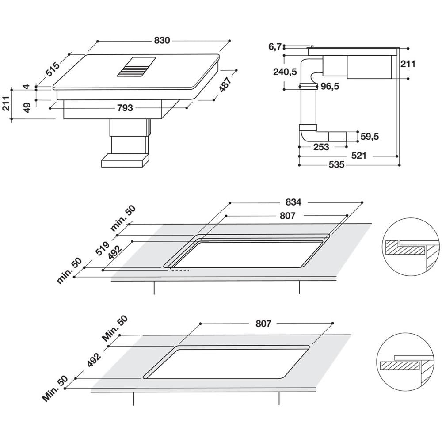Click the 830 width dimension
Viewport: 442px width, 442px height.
click(x=162, y=40)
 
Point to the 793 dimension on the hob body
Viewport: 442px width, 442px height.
click(x=125, y=108)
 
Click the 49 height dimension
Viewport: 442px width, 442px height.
click(x=27, y=107)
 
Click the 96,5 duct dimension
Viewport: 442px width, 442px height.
click(x=329, y=87)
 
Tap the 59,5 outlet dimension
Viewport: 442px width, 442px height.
click(x=370, y=137)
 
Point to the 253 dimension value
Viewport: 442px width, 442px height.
click(x=321, y=147)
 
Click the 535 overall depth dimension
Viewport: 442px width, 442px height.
click(x=336, y=165)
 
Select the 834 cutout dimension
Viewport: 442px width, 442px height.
click(x=293, y=202)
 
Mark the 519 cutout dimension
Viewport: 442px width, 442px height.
click(x=104, y=250)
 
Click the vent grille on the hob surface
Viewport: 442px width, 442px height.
click(x=137, y=67)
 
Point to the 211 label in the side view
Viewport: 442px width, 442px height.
click(x=408, y=64)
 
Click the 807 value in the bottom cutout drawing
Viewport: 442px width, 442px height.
click(x=263, y=324)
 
